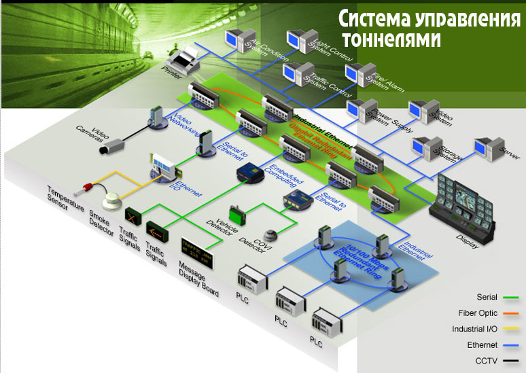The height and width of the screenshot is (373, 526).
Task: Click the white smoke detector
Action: [111, 202]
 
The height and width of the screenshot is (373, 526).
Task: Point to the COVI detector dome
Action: [271, 234]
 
